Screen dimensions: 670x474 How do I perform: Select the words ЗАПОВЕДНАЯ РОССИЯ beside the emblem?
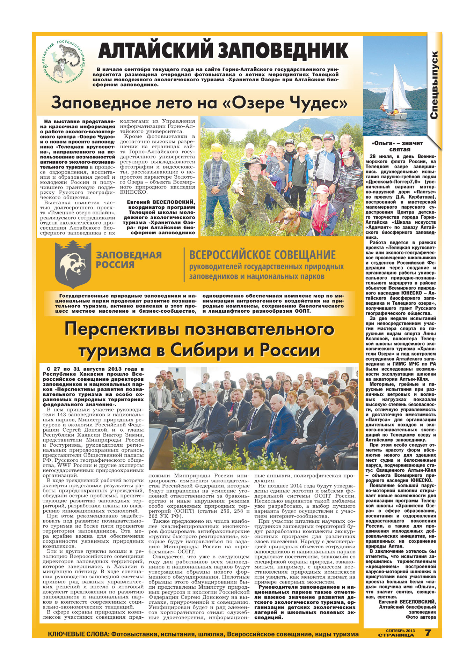coord(129,260)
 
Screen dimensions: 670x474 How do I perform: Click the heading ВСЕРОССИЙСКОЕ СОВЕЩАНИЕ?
coord(262,255)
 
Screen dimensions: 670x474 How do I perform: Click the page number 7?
coord(428,632)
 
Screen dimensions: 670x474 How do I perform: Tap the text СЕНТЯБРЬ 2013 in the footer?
coord(400,630)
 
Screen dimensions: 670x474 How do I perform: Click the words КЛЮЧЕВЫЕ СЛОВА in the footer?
coord(78,634)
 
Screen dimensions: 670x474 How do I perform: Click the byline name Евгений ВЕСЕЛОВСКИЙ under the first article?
coord(161,202)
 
